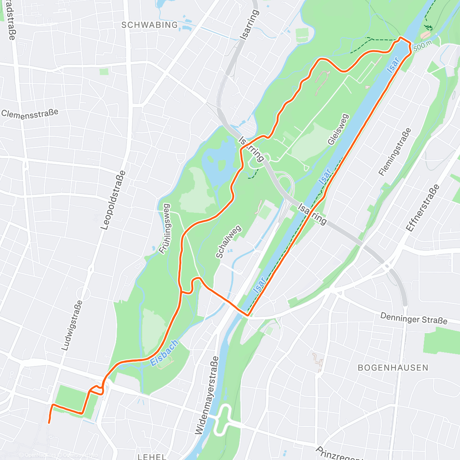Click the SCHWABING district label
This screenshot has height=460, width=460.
(x=149, y=25)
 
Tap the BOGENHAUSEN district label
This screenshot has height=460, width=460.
(x=393, y=368)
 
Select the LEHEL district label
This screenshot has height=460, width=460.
(x=152, y=457)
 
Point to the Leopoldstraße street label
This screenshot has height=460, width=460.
(x=113, y=200)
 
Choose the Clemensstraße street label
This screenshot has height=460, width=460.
(x=30, y=113)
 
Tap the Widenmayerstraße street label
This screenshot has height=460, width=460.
(x=207, y=395)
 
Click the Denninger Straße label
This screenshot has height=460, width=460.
(x=414, y=318)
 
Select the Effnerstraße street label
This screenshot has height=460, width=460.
(x=423, y=208)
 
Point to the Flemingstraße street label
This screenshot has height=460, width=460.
(x=395, y=152)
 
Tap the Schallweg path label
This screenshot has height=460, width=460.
(x=228, y=242)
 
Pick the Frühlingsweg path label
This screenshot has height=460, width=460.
(x=165, y=228)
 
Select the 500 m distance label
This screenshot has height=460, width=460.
(x=422, y=45)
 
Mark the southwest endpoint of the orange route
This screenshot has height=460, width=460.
(x=49, y=422)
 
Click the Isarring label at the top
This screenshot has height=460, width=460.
(x=249, y=25)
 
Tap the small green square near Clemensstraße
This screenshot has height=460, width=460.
(x=104, y=72)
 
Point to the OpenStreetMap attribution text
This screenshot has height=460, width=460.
(x=80, y=455)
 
